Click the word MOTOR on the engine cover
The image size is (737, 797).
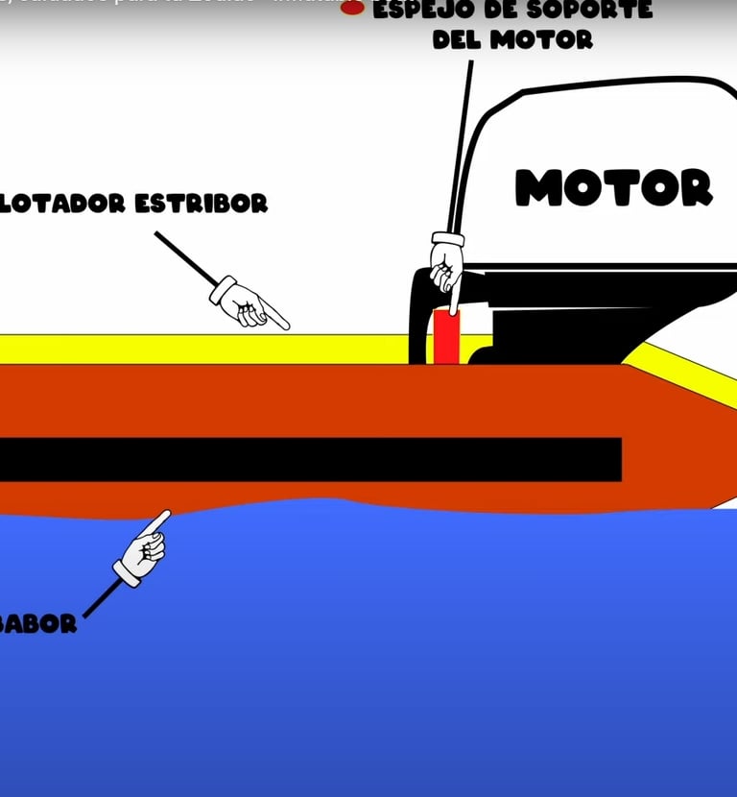click(614, 187)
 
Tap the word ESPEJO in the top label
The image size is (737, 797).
click(417, 11)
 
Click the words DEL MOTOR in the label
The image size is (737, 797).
click(512, 40)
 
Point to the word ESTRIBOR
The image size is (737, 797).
click(202, 204)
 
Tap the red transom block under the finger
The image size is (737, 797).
click(446, 336)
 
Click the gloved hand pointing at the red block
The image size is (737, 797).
click(446, 261)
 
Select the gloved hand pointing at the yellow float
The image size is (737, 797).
click(248, 302)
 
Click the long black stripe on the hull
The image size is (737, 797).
click(307, 459)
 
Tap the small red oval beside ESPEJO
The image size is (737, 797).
click(352, 8)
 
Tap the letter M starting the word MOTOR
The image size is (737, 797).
click(535, 188)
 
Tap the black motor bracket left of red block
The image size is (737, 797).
click(420, 317)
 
